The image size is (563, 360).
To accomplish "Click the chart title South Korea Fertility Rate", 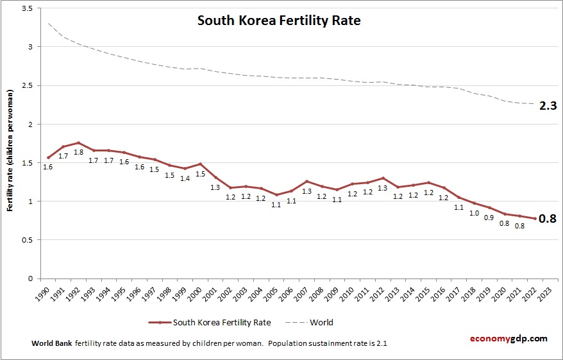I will click(279, 21).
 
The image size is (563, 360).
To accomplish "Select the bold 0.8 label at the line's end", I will click(546, 219).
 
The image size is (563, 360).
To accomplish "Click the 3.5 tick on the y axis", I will click(27, 8).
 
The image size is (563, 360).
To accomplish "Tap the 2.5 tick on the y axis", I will click(27, 85).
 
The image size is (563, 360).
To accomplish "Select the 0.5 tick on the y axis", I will click(27, 240).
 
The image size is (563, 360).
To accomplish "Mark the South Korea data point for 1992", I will click(79, 143).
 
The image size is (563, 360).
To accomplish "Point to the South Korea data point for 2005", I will click(277, 194).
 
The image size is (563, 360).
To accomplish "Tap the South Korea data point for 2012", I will click(383, 178).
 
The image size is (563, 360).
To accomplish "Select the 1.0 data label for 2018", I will click(474, 213).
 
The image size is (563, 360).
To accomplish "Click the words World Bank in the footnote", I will click(52, 343).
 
